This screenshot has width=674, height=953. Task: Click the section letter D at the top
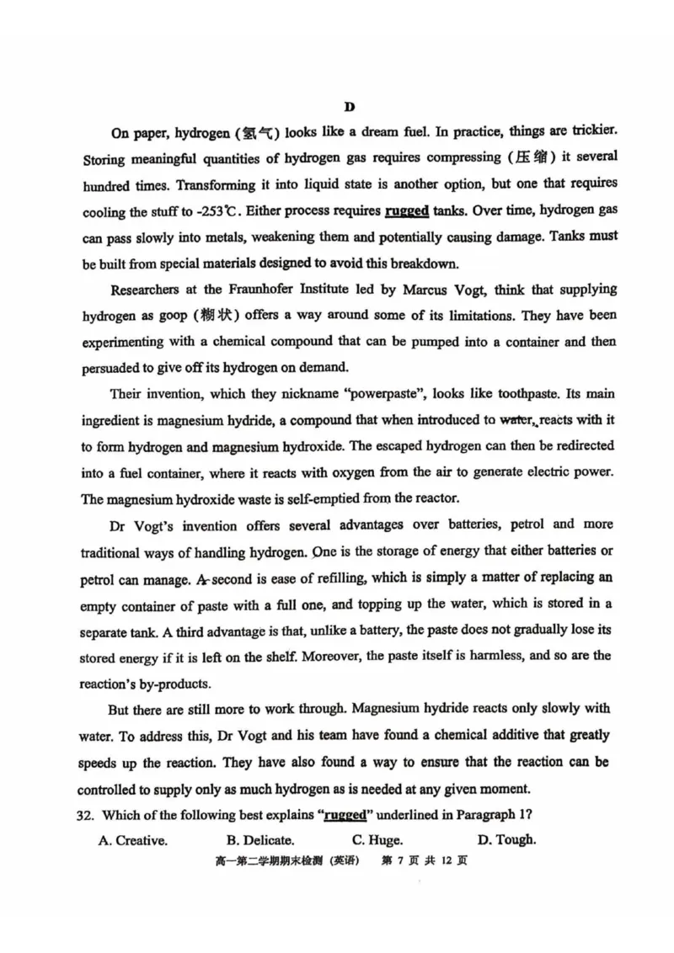[350, 106]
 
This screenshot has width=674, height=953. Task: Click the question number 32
[87, 815]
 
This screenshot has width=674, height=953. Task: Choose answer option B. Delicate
[260, 840]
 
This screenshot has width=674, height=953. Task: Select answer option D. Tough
[506, 839]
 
